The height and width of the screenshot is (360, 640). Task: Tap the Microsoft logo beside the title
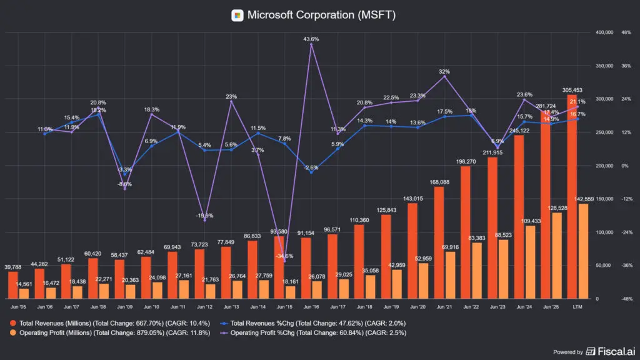237,15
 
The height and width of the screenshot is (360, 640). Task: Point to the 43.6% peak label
311,39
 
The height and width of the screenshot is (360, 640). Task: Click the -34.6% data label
284,256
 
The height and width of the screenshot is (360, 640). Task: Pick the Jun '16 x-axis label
311,307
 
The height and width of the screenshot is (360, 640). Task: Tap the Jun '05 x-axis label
18,307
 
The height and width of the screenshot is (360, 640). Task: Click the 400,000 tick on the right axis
606,32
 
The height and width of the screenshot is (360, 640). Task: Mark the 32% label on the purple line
444,71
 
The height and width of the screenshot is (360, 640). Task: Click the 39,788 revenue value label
13,267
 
